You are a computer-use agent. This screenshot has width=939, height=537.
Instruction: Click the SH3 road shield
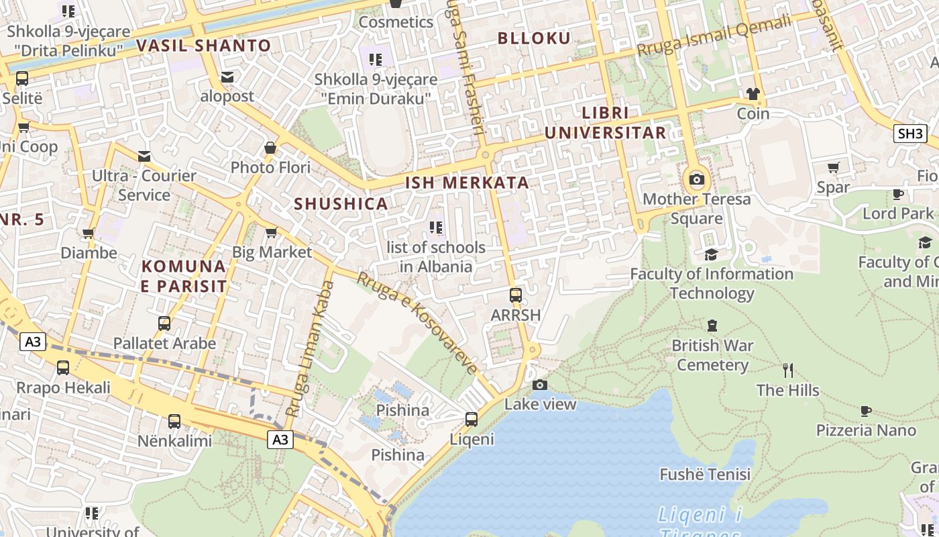910,133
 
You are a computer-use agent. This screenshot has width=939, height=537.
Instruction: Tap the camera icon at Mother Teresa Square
697,179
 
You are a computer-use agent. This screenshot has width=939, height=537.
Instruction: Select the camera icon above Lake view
539,385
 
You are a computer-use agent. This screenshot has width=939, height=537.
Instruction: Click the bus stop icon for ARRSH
515,295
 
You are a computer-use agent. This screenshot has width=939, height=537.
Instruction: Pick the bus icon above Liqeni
472,420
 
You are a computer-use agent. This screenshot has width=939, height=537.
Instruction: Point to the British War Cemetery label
712,356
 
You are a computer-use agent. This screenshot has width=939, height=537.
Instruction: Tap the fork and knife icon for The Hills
788,370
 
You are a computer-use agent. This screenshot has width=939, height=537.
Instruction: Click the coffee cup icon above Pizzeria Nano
866,411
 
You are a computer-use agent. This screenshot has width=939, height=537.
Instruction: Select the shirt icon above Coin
753,93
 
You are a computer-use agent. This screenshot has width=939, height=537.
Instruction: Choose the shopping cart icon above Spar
833,167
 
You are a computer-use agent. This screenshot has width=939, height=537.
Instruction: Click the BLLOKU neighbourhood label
534,38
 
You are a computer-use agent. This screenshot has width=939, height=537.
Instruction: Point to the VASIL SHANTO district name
203,46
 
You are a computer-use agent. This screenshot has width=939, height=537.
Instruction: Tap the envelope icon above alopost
227,77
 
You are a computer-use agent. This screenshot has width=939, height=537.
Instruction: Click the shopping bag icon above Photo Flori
270,148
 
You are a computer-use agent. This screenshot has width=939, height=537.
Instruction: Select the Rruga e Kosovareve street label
417,322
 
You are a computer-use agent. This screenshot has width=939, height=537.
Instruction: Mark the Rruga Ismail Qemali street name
714,36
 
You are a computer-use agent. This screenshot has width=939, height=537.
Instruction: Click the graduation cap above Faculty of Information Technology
711,254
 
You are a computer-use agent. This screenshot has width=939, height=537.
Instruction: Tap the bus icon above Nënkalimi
174,422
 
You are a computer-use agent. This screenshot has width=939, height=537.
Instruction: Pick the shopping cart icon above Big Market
271,233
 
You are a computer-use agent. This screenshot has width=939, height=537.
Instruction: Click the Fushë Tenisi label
705,475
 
